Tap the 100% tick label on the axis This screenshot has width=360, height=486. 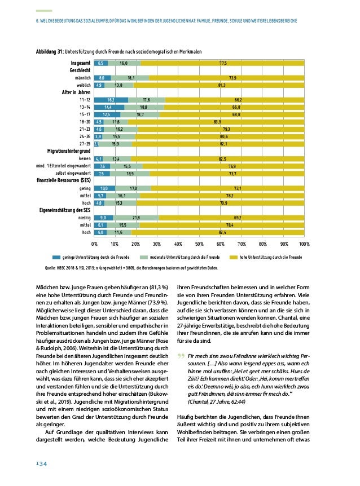[305, 244]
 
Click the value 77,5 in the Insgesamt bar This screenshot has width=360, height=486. [223, 63]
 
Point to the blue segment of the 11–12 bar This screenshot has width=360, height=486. [111, 99]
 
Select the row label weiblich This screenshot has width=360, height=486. [83, 85]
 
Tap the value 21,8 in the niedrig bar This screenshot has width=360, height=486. [136, 217]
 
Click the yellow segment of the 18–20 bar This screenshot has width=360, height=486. [217, 121]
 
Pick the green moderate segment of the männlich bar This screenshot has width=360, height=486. [130, 78]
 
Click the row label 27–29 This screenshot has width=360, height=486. [83, 144]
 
